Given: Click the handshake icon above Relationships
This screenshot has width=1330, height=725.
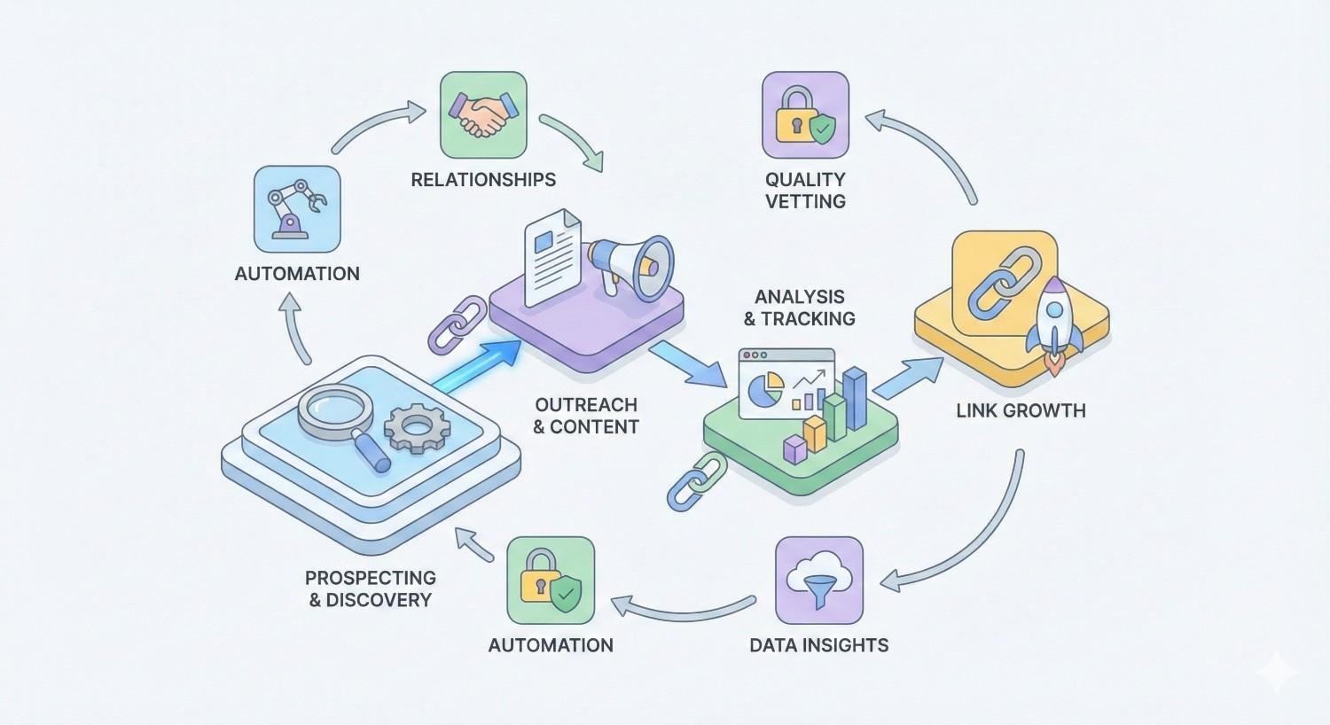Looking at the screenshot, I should pos(482,115).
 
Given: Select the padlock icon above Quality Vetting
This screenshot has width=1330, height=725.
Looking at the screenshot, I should pos(805,115).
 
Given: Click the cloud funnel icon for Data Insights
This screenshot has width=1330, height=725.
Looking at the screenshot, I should pos(818,580).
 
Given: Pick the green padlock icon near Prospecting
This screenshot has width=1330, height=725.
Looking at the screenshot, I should pos(551,580).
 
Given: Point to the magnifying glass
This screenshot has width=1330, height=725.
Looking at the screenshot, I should pos(341,417).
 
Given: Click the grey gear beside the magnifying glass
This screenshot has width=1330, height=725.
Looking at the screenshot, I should pos(417,430).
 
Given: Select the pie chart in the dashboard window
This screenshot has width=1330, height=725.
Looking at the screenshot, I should pos(765,386).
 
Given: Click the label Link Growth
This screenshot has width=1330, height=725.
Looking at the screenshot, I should pos(1021,410).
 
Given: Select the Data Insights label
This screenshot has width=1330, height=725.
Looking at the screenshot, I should pos(818,645).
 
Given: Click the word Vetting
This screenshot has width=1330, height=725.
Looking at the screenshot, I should pos(805,201).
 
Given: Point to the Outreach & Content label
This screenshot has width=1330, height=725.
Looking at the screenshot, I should pos(586,416).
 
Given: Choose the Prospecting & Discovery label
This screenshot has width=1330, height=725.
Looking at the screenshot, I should pos(371,589).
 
